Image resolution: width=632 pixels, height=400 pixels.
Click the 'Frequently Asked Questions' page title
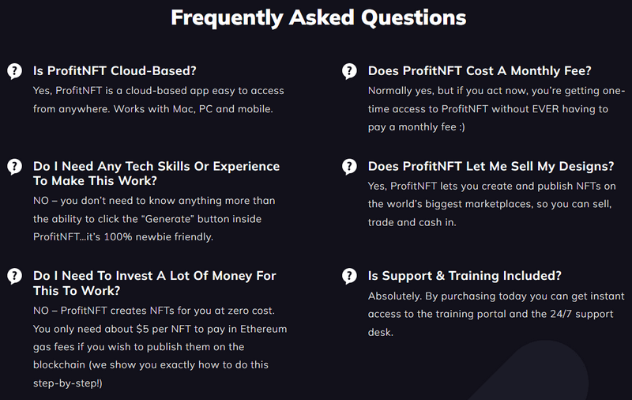[318, 18]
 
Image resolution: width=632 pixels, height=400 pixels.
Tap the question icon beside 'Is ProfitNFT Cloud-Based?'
[14, 71]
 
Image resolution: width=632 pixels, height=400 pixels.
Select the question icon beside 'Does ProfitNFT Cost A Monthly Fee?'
[349, 71]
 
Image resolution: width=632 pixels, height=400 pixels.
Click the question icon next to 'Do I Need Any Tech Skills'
[14, 167]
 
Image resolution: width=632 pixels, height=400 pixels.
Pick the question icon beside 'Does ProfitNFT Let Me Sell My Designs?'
[349, 167]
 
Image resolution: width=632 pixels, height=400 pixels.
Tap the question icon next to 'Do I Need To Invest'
[14, 276]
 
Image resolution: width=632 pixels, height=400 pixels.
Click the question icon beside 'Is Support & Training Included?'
[349, 276]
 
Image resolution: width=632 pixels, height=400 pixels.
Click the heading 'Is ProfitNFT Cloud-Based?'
[115, 71]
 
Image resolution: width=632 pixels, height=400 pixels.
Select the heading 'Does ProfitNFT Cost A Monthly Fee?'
[480, 71]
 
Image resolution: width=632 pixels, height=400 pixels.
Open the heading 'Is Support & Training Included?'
[465, 276]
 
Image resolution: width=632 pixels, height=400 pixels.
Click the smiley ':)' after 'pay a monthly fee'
[462, 127]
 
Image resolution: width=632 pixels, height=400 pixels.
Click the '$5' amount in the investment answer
[143, 329]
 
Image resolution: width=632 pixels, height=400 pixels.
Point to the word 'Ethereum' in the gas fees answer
[264, 329]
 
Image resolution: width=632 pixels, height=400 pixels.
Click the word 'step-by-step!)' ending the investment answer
[68, 383]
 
